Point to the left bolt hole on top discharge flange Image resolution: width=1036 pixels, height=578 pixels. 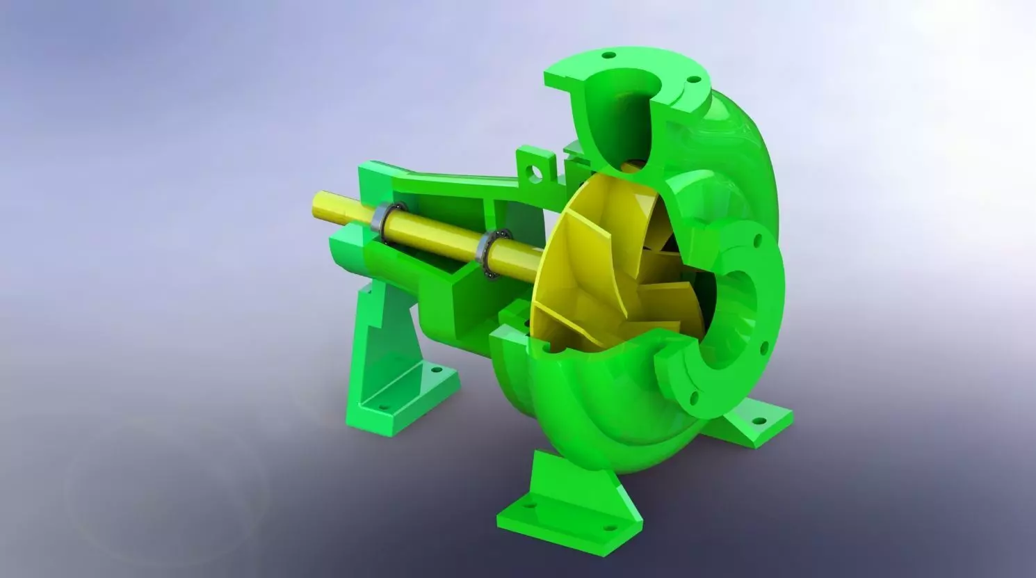[x=608, y=55]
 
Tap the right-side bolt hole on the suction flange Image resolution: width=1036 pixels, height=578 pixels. [x=764, y=345]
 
